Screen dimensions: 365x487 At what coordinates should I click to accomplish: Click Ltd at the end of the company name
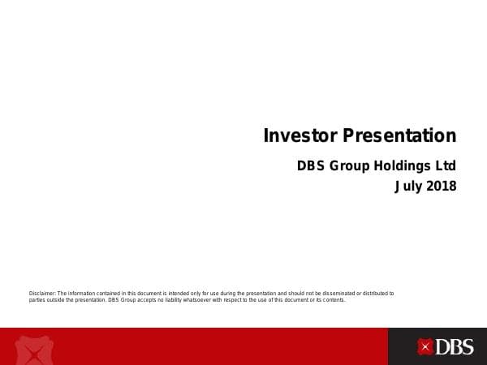(x=446, y=166)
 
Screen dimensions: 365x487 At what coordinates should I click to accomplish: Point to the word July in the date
(x=408, y=187)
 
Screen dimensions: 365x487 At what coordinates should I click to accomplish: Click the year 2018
(x=441, y=187)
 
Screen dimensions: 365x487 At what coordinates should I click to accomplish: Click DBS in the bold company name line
(x=311, y=166)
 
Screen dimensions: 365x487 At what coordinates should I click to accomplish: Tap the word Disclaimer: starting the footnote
(x=41, y=293)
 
